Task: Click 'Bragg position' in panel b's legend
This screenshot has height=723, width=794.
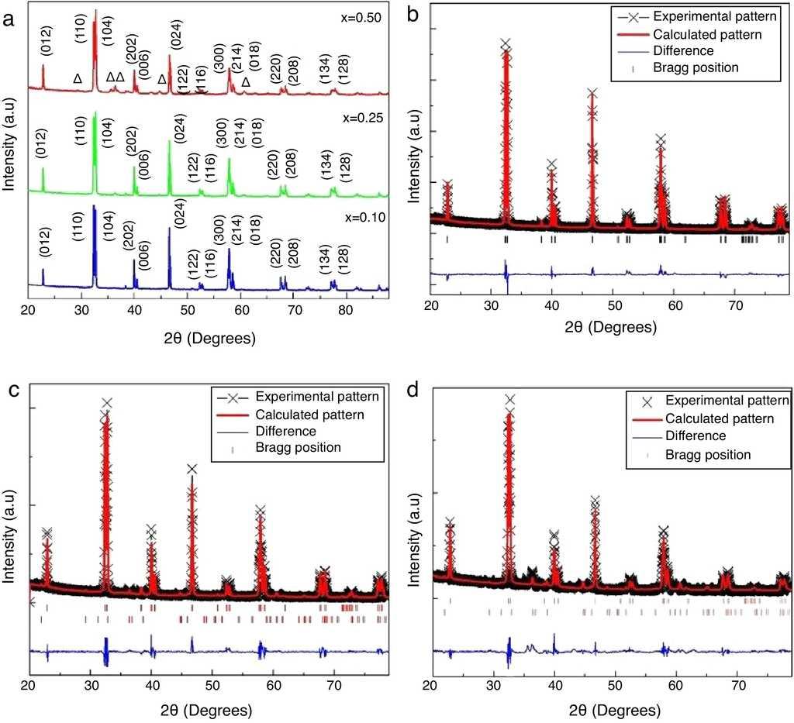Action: pyautogui.click(x=696, y=67)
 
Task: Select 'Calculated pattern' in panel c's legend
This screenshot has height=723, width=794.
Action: pyautogui.click(x=310, y=414)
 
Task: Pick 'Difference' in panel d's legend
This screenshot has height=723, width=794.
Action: pyautogui.click(x=696, y=436)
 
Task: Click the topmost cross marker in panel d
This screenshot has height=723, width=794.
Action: pyautogui.click(x=510, y=400)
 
